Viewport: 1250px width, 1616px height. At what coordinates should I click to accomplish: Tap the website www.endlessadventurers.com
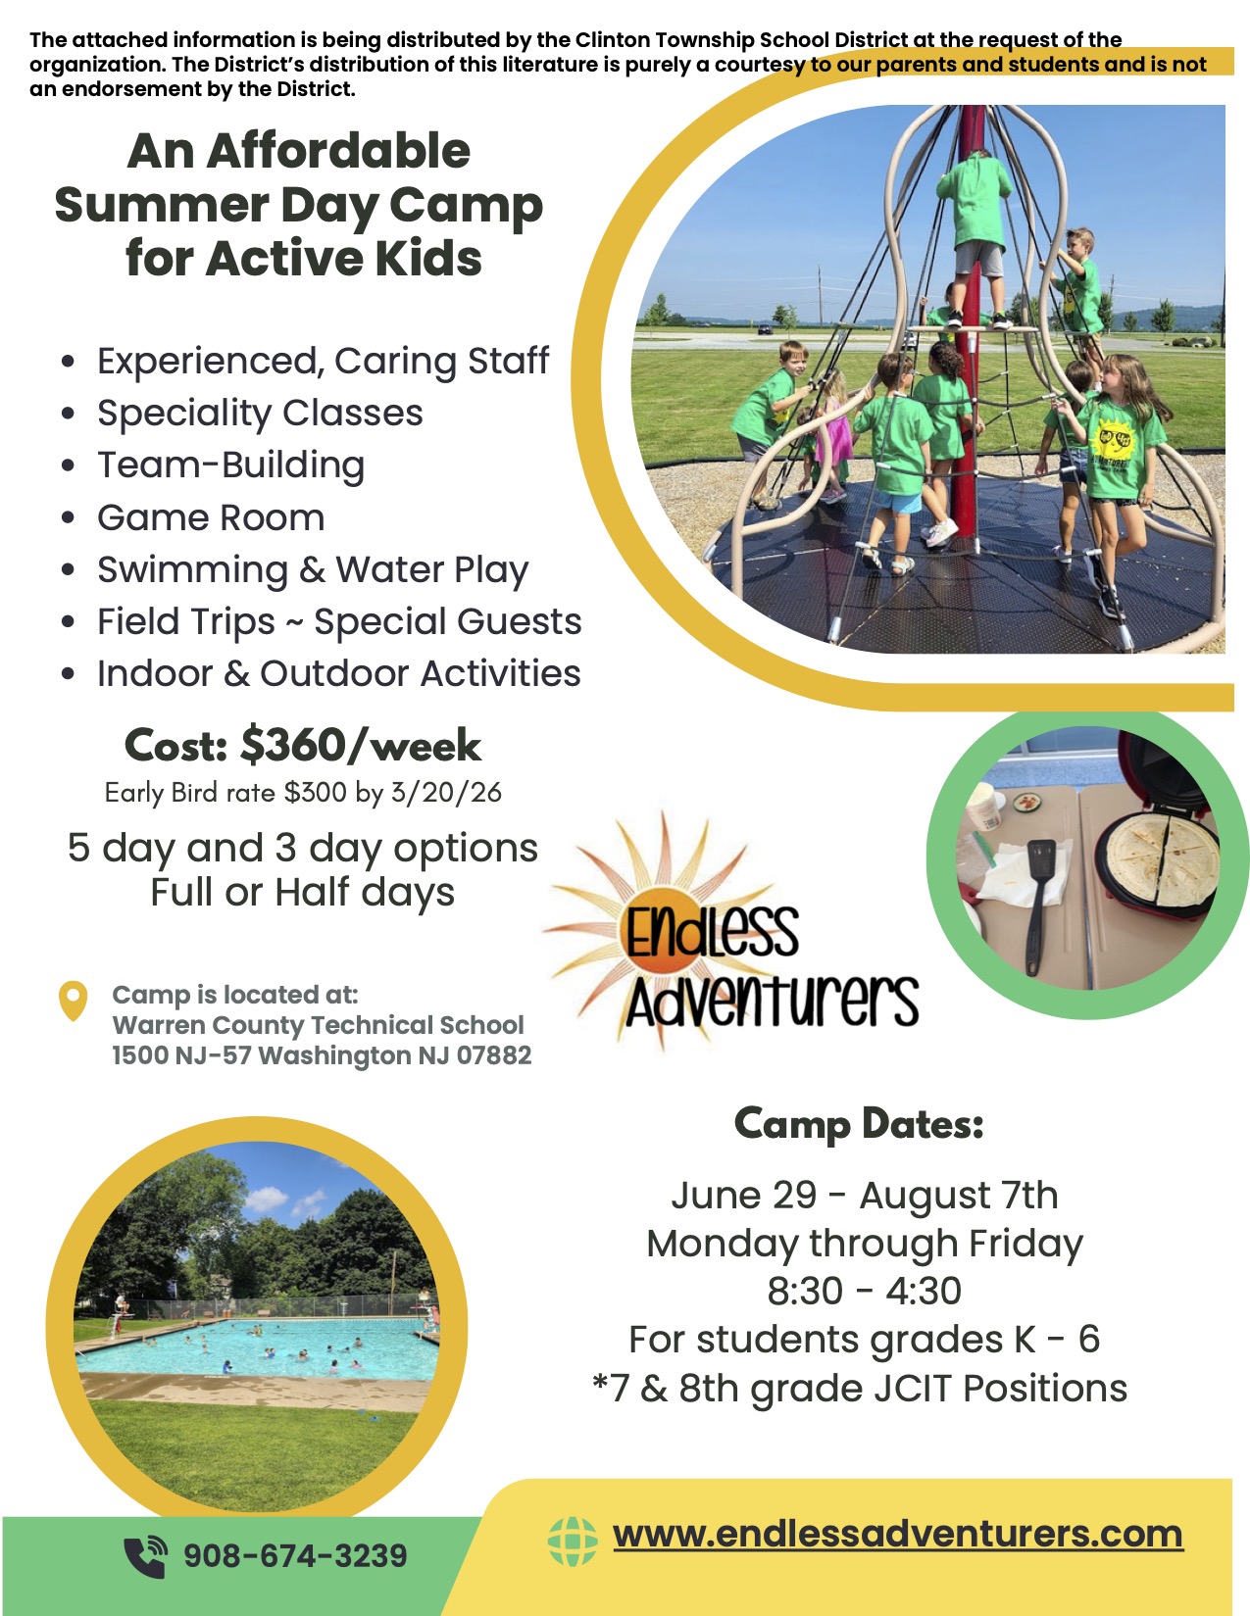(897, 1534)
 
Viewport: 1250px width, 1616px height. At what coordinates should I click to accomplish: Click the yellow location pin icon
(73, 1001)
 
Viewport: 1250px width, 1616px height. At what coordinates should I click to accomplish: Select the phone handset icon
(145, 1556)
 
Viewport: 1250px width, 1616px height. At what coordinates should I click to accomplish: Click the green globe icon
(573, 1541)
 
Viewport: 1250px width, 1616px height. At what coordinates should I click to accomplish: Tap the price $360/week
(361, 745)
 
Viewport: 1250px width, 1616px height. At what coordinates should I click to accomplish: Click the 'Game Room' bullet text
(211, 517)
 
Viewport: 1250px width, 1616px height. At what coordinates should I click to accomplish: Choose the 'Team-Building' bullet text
(231, 465)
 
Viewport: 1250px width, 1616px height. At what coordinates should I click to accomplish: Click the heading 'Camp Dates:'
(859, 1124)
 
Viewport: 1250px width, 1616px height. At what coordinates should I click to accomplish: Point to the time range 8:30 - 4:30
(864, 1291)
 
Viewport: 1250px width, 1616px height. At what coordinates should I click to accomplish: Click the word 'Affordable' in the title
(338, 151)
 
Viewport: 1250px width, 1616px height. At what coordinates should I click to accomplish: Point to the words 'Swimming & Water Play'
(313, 570)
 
